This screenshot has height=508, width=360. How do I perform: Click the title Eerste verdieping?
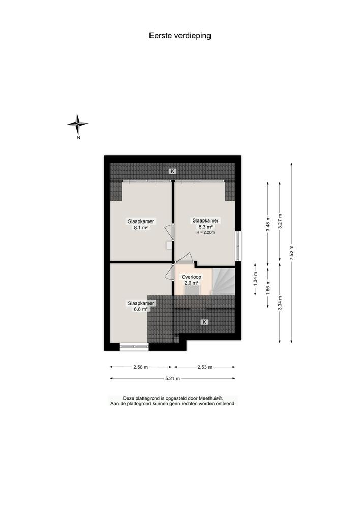pos(179,36)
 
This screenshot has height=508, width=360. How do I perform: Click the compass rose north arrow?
pos(78,124)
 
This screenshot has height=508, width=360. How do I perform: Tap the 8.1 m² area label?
pos(141,228)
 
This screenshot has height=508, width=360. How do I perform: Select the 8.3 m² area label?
pos(205,227)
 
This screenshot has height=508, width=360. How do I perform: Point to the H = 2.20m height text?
pos(205,233)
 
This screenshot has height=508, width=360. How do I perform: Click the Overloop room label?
pos(192,277)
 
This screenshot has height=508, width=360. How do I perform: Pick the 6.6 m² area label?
pos(141,309)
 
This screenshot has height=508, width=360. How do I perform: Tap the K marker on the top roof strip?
pos(173,171)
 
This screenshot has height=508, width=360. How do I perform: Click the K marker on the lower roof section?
pos(204,322)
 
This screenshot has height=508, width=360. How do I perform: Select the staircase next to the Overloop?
pos(223,281)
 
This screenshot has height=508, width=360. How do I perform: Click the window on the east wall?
pos(238,247)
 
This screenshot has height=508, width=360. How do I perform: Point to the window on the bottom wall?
pos(134,347)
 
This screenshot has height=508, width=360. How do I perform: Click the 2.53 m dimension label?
pos(204,367)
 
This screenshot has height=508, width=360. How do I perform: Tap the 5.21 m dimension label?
pos(173,378)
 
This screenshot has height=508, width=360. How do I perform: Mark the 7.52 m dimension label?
pos(291,252)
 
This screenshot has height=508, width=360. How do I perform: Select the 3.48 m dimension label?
pos(268,224)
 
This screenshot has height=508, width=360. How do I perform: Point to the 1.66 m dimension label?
pos(268,288)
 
